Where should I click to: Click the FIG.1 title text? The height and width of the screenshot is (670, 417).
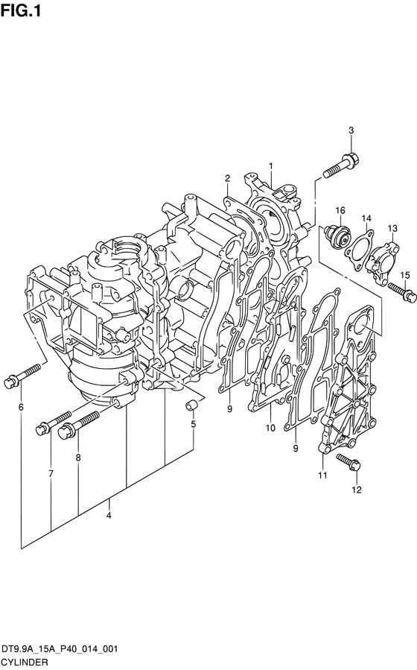click(21, 10)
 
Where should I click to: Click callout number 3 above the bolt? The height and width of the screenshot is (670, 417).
click(351, 130)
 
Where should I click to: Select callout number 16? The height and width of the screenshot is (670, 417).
click(340, 210)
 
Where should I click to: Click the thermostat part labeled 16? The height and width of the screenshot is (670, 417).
click(337, 236)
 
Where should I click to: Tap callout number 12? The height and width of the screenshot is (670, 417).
click(357, 490)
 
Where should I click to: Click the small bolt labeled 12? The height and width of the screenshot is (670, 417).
click(349, 462)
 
